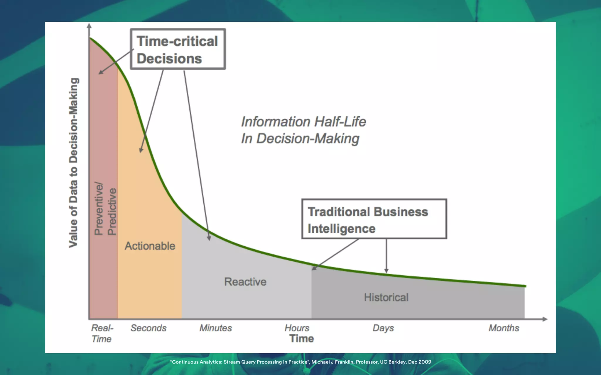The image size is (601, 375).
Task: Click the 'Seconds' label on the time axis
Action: [x=148, y=328]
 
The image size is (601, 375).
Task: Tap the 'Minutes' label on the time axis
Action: [x=216, y=328]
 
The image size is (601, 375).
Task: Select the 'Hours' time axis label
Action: [x=297, y=328]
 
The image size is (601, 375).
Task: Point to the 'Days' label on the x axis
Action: [x=383, y=328]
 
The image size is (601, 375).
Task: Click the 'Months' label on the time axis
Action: [x=504, y=328]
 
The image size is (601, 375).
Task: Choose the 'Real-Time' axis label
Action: [x=102, y=333]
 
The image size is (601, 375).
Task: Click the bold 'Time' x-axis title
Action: [x=302, y=339]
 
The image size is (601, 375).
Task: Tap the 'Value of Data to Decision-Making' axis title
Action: [x=74, y=163]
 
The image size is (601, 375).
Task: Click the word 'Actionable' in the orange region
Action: [x=150, y=246]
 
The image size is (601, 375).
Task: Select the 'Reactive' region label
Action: [x=245, y=282]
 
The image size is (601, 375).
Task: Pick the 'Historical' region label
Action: [x=386, y=297]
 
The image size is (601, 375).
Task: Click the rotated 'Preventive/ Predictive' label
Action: [x=105, y=209]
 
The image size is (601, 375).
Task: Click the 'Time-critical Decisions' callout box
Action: [x=178, y=49]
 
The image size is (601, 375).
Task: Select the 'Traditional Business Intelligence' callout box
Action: [x=374, y=219]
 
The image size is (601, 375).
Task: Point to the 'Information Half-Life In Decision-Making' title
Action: [x=303, y=130]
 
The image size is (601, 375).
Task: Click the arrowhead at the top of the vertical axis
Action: [x=89, y=26]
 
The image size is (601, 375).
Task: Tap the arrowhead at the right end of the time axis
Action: [x=545, y=319]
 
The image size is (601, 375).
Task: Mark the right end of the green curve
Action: [x=525, y=286]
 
